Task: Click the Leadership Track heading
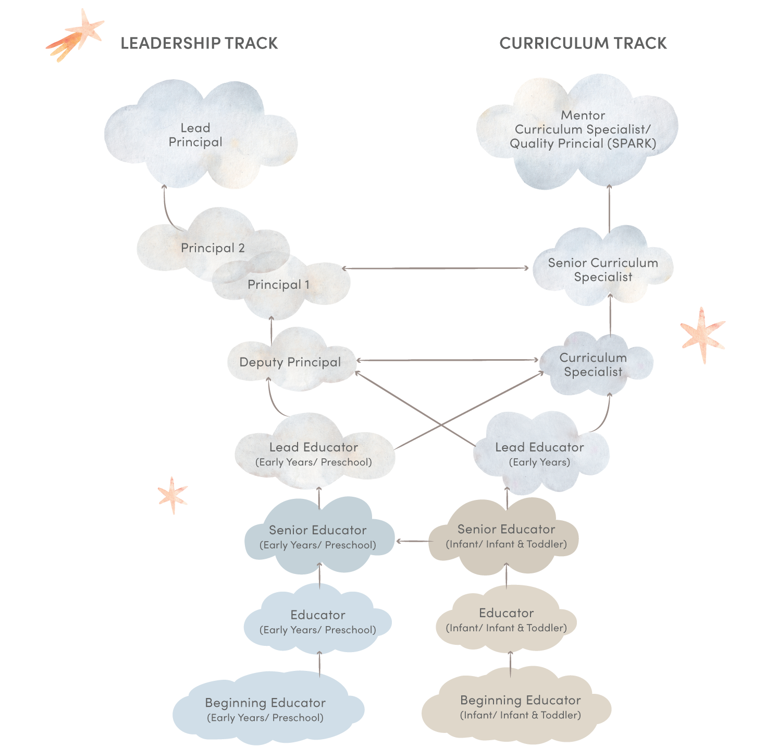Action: [x=199, y=43]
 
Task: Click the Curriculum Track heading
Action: [x=583, y=43]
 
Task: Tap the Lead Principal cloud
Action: [x=195, y=135]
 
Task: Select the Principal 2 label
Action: [x=213, y=248]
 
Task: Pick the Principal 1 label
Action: [x=278, y=285]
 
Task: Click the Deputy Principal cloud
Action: [x=290, y=362]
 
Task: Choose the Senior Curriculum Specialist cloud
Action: [x=603, y=270]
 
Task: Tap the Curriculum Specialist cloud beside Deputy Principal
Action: [x=593, y=364]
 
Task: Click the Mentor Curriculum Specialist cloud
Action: [x=582, y=129]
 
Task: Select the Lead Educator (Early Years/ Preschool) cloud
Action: [x=314, y=454]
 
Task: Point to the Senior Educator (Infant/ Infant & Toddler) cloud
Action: [x=505, y=536]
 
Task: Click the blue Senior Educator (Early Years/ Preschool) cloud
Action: [x=317, y=537]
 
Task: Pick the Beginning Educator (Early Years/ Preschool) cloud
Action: [x=265, y=709]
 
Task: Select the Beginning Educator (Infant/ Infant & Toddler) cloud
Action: [x=520, y=706]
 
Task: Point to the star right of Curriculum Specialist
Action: [x=702, y=335]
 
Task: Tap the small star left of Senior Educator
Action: [x=172, y=494]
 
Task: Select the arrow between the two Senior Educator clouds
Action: [x=412, y=541]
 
